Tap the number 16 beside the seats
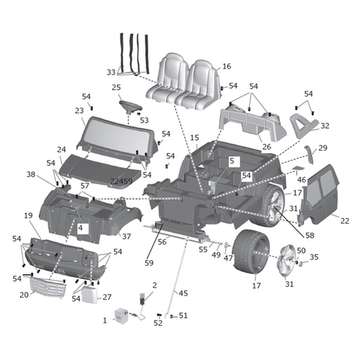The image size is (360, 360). pos(226,66)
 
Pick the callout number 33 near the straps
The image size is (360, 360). pos(111,72)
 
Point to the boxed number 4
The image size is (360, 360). pos(81,228)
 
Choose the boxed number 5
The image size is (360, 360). pos(231,161)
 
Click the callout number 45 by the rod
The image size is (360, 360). pos(184,293)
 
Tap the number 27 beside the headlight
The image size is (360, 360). pos(107,297)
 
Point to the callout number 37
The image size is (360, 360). pos(127,236)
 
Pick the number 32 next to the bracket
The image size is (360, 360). pos(325,126)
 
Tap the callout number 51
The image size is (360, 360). pos(184,316)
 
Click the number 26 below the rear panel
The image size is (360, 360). pos(266,147)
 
